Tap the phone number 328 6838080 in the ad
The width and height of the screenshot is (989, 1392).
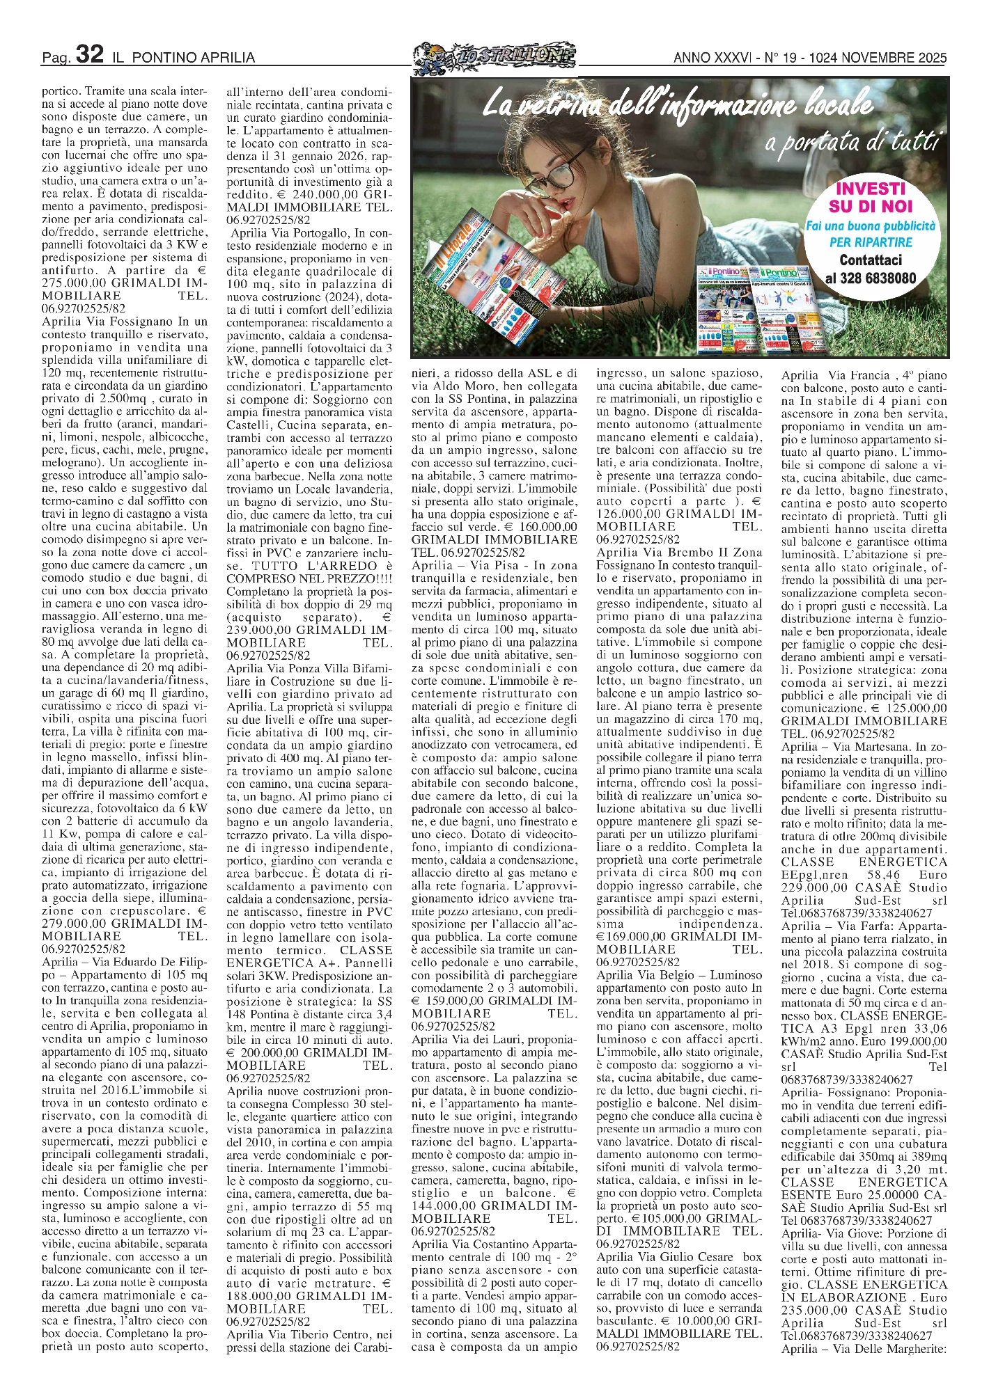coord(871,278)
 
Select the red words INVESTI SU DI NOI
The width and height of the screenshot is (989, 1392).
coord(870,198)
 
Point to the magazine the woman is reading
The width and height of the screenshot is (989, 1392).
coord(488,278)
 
